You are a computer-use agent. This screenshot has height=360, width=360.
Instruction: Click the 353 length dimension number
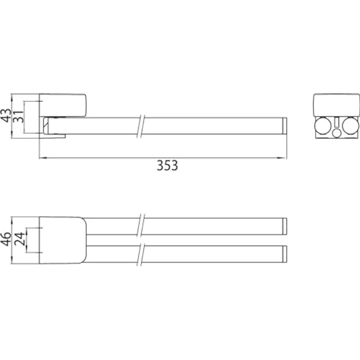point(167,165)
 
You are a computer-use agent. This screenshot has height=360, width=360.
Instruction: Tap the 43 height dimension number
point(6,116)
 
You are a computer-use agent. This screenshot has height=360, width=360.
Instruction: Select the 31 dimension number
point(19,116)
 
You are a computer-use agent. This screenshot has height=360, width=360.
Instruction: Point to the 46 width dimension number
point(6,239)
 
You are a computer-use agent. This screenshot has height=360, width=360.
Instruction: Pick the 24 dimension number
point(19,239)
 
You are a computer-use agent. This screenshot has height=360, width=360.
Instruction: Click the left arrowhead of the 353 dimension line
point(43,158)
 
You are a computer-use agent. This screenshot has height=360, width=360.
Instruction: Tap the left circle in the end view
point(323,126)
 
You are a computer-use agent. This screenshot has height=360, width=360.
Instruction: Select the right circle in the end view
point(351,126)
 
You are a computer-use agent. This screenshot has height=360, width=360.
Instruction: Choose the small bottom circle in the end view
point(337,133)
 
